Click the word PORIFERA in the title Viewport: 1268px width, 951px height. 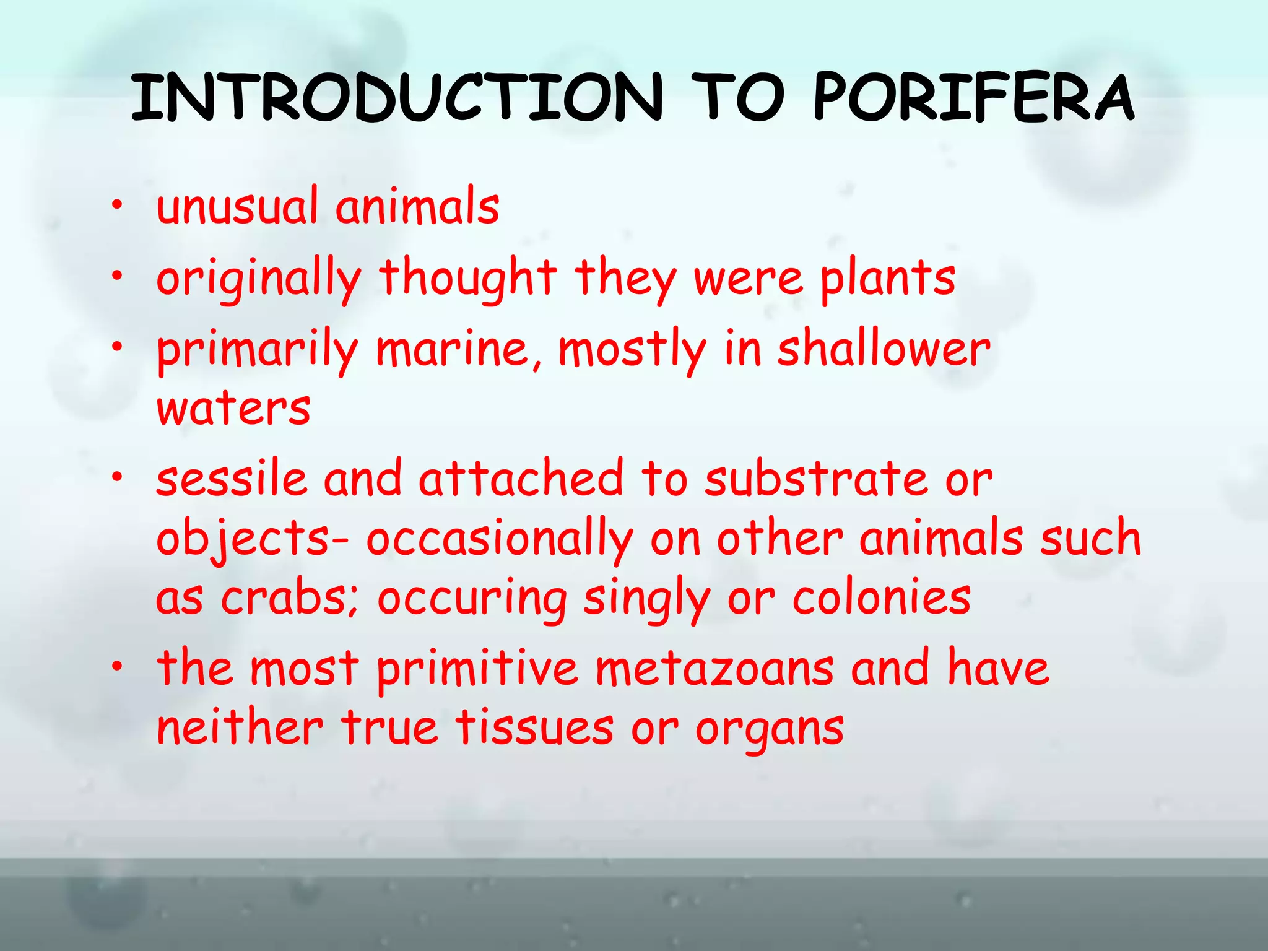(x=973, y=97)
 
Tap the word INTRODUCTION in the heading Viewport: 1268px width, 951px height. (x=397, y=97)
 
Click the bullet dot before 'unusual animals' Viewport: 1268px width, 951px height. (x=117, y=206)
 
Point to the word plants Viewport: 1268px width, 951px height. (x=888, y=279)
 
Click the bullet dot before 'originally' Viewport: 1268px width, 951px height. (x=117, y=277)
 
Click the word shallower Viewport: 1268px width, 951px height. (x=884, y=350)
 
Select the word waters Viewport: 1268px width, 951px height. (x=233, y=409)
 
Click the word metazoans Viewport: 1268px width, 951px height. (x=714, y=669)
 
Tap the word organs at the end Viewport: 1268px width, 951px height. (x=770, y=729)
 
